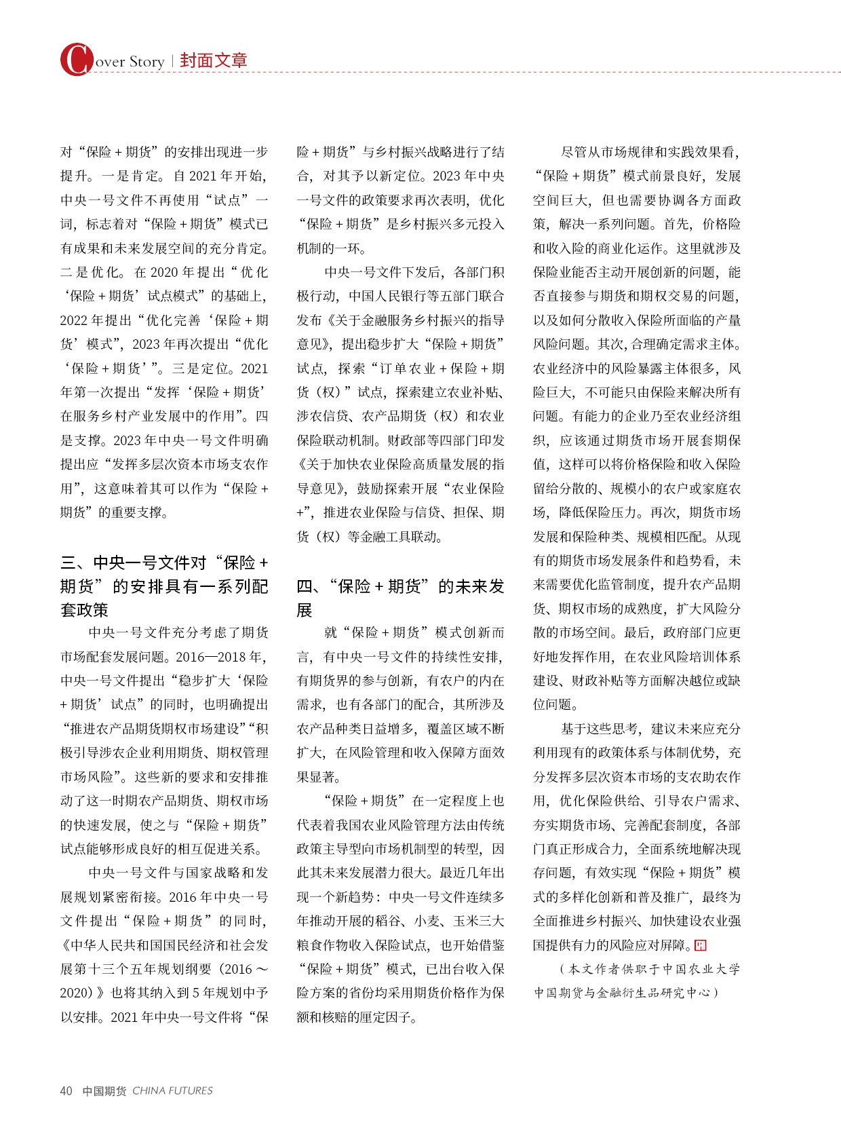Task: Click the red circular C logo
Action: coord(76,60)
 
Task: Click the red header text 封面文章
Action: coord(214,60)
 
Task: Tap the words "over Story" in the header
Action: coord(130,62)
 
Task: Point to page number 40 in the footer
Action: coord(66,1090)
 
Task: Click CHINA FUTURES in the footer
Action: coord(172,1090)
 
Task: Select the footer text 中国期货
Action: coord(104,1090)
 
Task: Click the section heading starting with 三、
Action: coord(164,586)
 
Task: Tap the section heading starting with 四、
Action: coord(400,597)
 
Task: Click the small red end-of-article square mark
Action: coord(701,945)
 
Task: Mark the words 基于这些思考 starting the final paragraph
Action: coord(600,729)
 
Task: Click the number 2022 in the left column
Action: coord(73,320)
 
